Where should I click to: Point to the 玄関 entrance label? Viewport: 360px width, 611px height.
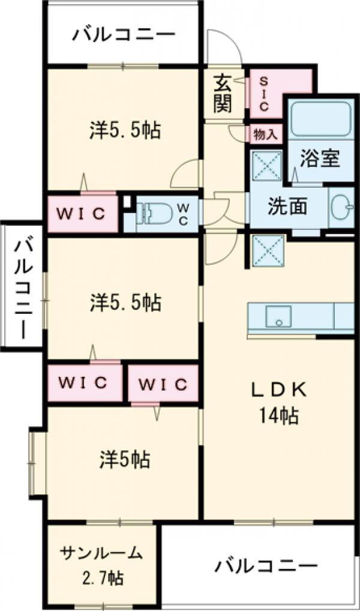[223, 94]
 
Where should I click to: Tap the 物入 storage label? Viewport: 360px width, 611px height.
[265, 134]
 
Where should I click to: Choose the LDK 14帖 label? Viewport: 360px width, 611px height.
[278, 402]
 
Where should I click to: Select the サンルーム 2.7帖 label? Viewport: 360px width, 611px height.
[101, 565]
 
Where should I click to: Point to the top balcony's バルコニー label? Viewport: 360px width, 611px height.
[124, 35]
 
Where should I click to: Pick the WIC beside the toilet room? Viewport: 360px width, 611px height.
[82, 213]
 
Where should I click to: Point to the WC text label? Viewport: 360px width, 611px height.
[184, 213]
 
